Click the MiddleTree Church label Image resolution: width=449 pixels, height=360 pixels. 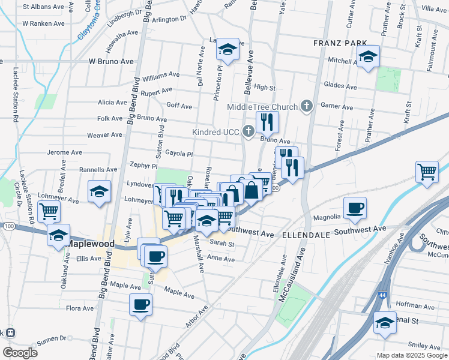tap(262, 107)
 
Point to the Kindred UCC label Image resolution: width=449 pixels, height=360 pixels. tap(216, 131)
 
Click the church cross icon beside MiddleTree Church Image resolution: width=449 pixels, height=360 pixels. tap(307, 107)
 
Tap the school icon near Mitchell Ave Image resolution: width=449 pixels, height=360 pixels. tap(368, 57)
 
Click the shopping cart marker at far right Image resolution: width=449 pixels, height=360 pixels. tap(427, 171)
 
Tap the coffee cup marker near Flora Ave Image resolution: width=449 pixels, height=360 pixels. tap(141, 304)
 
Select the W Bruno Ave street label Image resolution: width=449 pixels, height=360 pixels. tap(111, 61)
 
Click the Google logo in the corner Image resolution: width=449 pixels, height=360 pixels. tap(20, 353)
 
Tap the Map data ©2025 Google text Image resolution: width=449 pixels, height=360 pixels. tap(412, 355)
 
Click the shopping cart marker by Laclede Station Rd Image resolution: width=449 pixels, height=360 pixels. tap(49, 211)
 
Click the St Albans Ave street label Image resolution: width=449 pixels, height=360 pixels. tap(43, 7)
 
